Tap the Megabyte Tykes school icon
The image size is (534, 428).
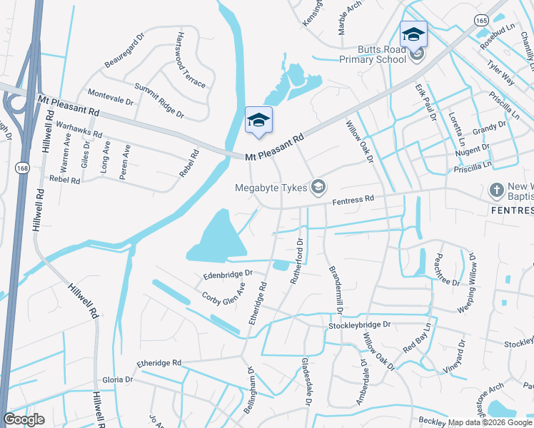click(x=318, y=188)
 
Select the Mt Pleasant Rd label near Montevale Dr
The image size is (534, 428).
click(x=69, y=107)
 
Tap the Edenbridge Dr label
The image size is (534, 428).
click(x=228, y=274)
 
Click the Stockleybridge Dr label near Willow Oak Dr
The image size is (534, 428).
click(x=360, y=325)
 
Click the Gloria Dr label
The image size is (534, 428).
click(x=118, y=379)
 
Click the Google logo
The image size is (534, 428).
click(x=24, y=419)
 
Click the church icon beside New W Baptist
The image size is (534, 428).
click(x=496, y=190)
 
